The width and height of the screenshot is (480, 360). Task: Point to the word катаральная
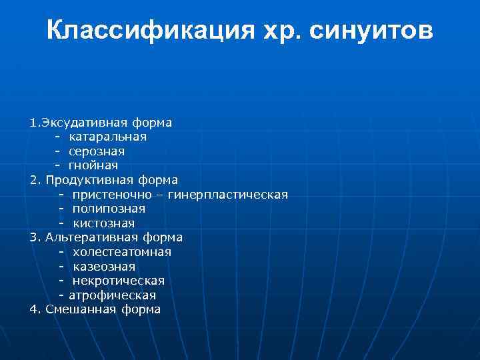click(x=108, y=137)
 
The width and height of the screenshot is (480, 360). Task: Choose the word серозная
click(x=97, y=151)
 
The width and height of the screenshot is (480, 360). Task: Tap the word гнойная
click(x=93, y=165)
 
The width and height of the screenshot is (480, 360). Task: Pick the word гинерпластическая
click(x=228, y=195)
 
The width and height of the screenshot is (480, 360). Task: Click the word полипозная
click(x=109, y=209)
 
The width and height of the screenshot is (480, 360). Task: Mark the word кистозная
click(x=104, y=223)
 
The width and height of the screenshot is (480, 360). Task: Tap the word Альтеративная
click(x=92, y=237)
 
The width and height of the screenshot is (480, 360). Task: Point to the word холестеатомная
click(x=122, y=252)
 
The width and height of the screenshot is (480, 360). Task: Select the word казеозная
click(x=104, y=267)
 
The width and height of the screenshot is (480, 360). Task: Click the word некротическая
click(x=119, y=281)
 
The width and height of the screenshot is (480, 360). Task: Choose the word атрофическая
click(x=113, y=295)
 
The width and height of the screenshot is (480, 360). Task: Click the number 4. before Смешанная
click(x=35, y=309)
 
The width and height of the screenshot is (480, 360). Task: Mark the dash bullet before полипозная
click(x=61, y=209)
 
